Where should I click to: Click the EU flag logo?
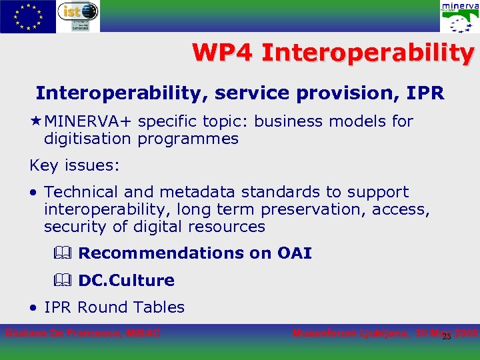click(x=28, y=16)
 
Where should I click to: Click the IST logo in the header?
click(x=79, y=16)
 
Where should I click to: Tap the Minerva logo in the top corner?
click(x=459, y=17)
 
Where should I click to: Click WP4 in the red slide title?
click(x=223, y=53)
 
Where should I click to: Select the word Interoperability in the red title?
click(x=368, y=53)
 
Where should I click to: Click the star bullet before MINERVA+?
click(x=35, y=121)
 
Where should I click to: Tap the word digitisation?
click(x=88, y=139)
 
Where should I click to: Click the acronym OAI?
click(x=294, y=253)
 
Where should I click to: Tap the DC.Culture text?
click(x=126, y=281)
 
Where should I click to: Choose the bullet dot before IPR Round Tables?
click(x=34, y=308)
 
